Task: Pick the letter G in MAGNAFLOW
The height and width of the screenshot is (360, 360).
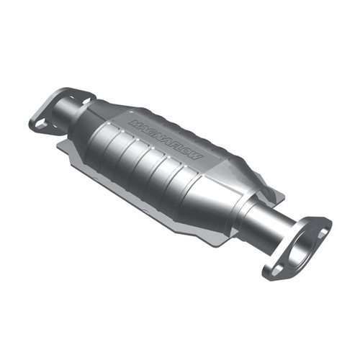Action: [150, 132]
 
